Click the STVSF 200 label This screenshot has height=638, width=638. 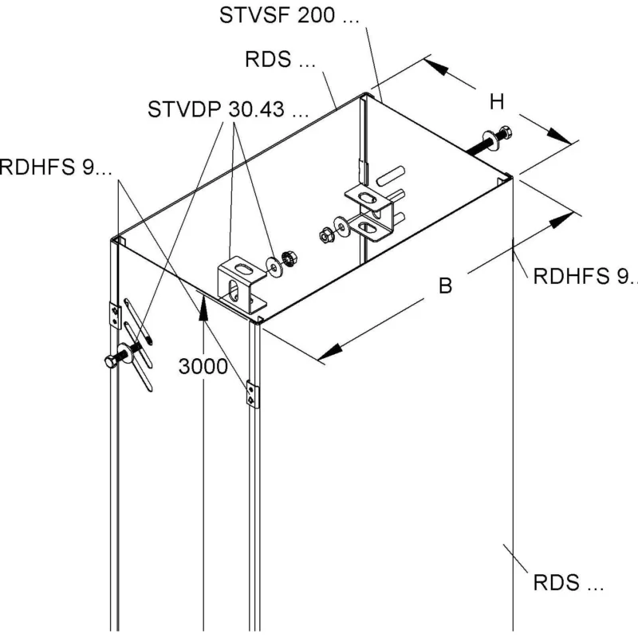coord(289,15)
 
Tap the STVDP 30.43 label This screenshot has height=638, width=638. coord(228,109)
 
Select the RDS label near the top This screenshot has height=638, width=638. coord(280,59)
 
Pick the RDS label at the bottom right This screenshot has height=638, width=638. coord(568,583)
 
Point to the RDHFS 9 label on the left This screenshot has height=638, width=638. coord(55,167)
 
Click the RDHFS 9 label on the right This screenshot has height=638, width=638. coord(585,276)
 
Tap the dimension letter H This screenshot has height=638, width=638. coord(497,102)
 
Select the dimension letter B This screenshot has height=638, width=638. coord(446,286)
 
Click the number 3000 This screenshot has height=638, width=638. coord(203,367)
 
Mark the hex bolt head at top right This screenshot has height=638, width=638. coord(505,132)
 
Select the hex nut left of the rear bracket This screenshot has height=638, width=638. coord(325,235)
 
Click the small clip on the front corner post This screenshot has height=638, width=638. coord(252,394)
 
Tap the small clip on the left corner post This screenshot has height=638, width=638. coord(115,315)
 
